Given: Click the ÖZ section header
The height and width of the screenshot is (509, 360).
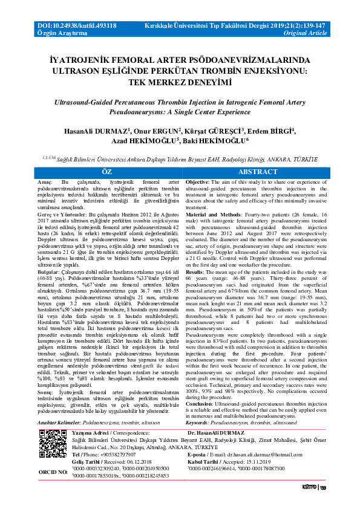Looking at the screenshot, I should (106, 172).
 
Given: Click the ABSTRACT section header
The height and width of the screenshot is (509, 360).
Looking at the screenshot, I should (258, 172).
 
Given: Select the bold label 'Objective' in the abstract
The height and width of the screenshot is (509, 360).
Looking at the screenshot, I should (197, 182).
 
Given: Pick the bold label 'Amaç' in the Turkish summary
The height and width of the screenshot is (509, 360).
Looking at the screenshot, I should (44, 182).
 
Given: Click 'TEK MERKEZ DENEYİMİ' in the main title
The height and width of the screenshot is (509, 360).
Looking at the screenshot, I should (179, 82).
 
